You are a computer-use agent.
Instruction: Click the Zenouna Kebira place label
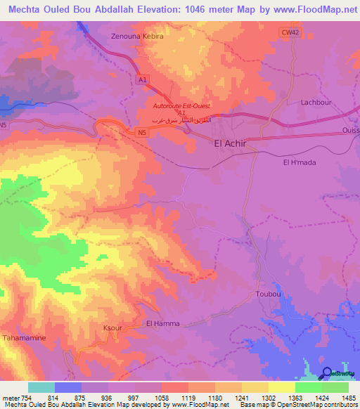pyautogui.click(x=137, y=35)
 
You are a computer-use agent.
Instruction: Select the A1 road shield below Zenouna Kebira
pyautogui.click(x=143, y=80)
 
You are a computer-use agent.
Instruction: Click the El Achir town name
pyautogui.click(x=230, y=143)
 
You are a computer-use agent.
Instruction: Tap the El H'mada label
pyautogui.click(x=297, y=162)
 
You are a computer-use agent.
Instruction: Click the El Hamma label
pyautogui.click(x=162, y=323)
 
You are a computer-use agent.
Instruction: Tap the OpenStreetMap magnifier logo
pyautogui.click(x=327, y=372)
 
